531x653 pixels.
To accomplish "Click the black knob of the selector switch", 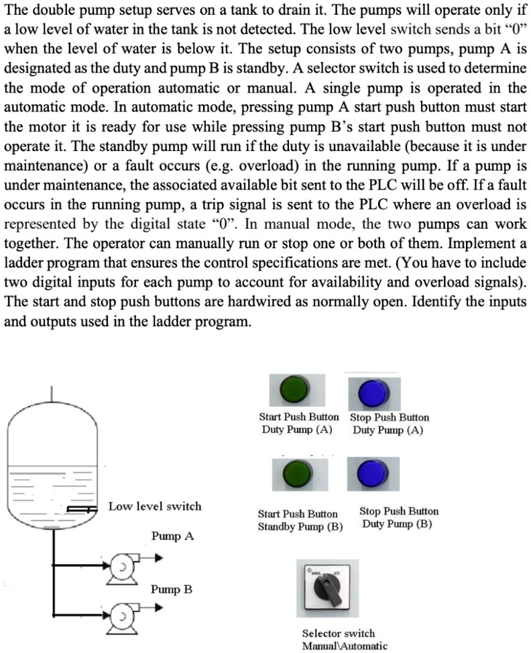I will click(x=332, y=586).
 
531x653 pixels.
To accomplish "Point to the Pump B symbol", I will click(x=122, y=613).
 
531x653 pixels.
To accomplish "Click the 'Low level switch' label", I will click(x=155, y=506).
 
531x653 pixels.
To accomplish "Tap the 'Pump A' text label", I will click(x=172, y=536).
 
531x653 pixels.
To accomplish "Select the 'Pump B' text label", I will click(x=172, y=589).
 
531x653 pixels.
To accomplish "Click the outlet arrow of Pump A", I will click(x=156, y=556).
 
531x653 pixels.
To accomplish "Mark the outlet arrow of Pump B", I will click(x=156, y=608).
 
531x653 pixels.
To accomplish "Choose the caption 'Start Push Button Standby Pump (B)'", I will click(x=300, y=520).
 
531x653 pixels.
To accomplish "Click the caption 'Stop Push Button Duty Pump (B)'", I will click(x=398, y=517).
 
